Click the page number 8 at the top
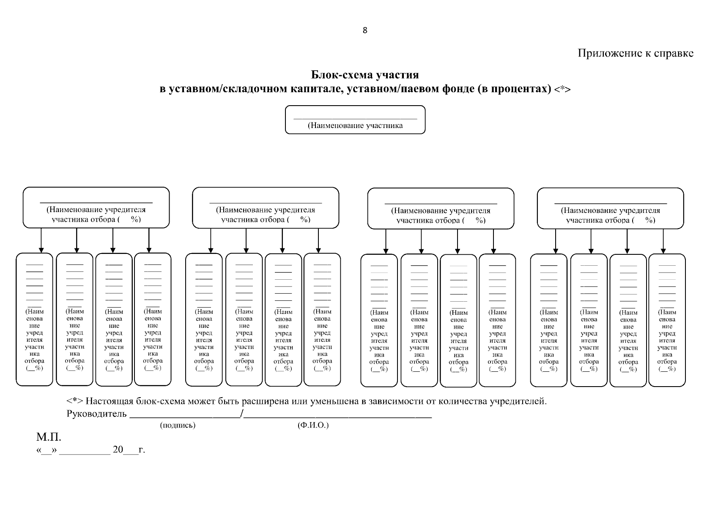(x=365, y=30)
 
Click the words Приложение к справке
(x=635, y=53)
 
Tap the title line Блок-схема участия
(x=365, y=75)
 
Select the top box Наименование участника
(x=355, y=120)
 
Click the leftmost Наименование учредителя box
(x=96, y=207)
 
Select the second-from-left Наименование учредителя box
(x=266, y=207)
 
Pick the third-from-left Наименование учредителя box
(x=441, y=208)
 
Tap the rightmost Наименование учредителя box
(x=610, y=208)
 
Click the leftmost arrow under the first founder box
(x=41, y=240)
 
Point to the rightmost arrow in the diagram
(x=663, y=241)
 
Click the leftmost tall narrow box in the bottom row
(x=34, y=319)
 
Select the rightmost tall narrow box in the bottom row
(x=667, y=320)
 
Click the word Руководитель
(x=96, y=414)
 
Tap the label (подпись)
(x=178, y=425)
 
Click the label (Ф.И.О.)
(x=313, y=425)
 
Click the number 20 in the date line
(x=118, y=450)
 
